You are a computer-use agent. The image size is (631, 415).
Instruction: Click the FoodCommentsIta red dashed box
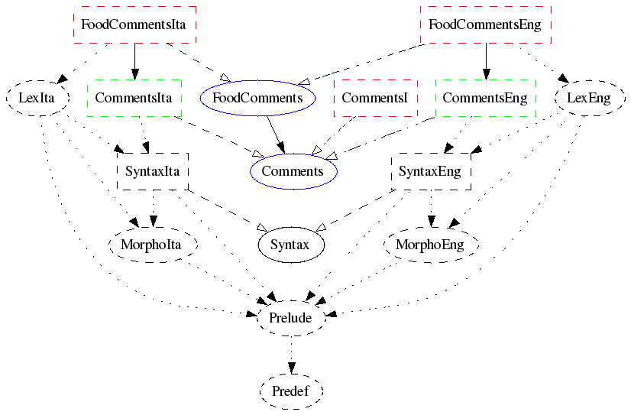tap(134, 24)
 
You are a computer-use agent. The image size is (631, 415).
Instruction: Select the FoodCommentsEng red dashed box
tap(484, 24)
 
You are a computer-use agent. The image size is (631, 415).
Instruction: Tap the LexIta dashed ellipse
tap(37, 98)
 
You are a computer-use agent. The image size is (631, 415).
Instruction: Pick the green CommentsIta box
tap(134, 98)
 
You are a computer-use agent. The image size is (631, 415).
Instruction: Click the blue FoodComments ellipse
tap(257, 98)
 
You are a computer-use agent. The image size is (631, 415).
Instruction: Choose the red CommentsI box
tap(376, 98)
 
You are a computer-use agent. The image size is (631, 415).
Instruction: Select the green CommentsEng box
tap(484, 98)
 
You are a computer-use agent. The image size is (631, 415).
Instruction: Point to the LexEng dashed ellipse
tap(588, 98)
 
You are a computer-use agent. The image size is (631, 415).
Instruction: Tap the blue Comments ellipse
tap(293, 171)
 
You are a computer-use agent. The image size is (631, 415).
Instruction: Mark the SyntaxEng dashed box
tap(430, 171)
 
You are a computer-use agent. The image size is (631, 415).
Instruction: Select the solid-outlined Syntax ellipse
tap(289, 245)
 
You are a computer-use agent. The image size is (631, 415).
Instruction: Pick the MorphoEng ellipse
tap(430, 245)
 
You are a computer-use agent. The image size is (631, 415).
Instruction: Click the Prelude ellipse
tap(291, 318)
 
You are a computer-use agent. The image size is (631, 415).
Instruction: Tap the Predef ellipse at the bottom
tap(291, 391)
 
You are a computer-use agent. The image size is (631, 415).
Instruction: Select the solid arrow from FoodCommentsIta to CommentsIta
tap(134, 61)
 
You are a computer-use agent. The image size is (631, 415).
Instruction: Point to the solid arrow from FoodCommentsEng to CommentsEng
tap(485, 61)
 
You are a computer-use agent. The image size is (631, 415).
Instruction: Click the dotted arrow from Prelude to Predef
tap(291, 355)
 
